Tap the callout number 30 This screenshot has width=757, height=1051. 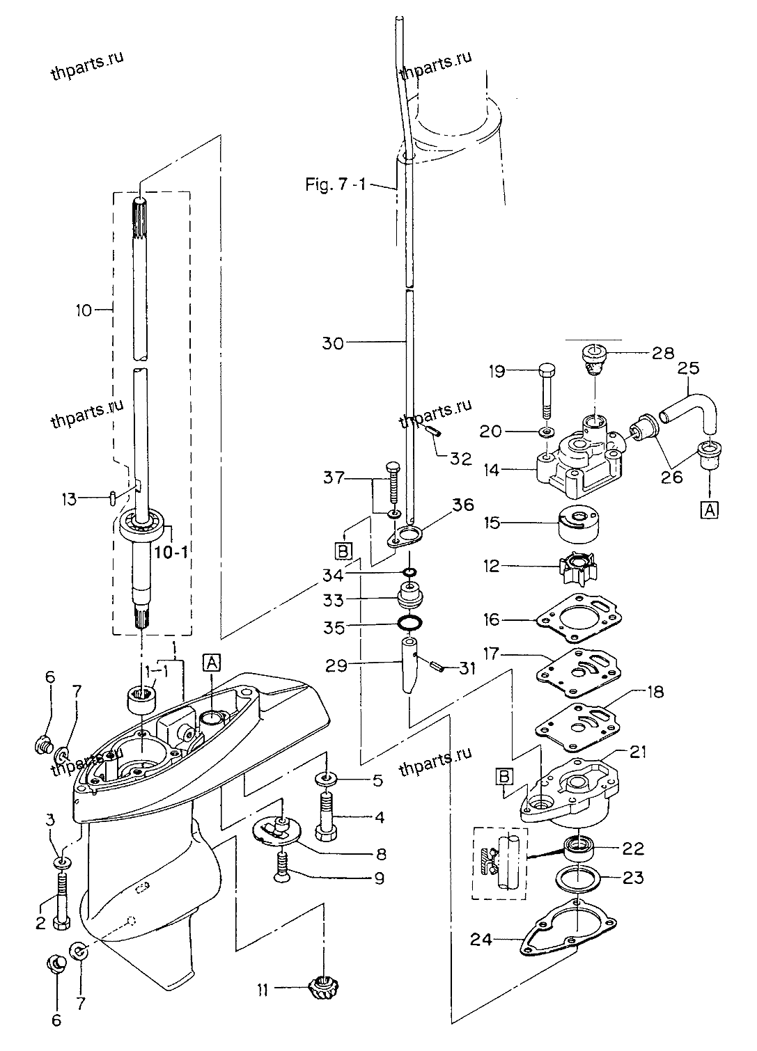[333, 343]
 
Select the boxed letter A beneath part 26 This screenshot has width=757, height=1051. [709, 509]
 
